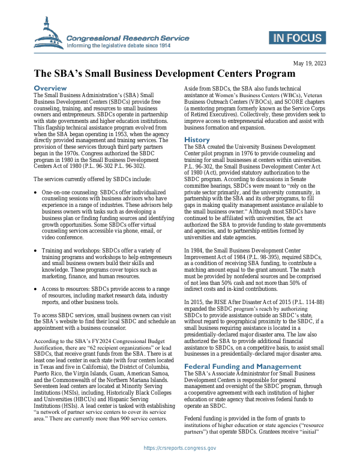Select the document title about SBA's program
[x=164, y=74]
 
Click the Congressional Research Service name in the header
[x=127, y=38]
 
